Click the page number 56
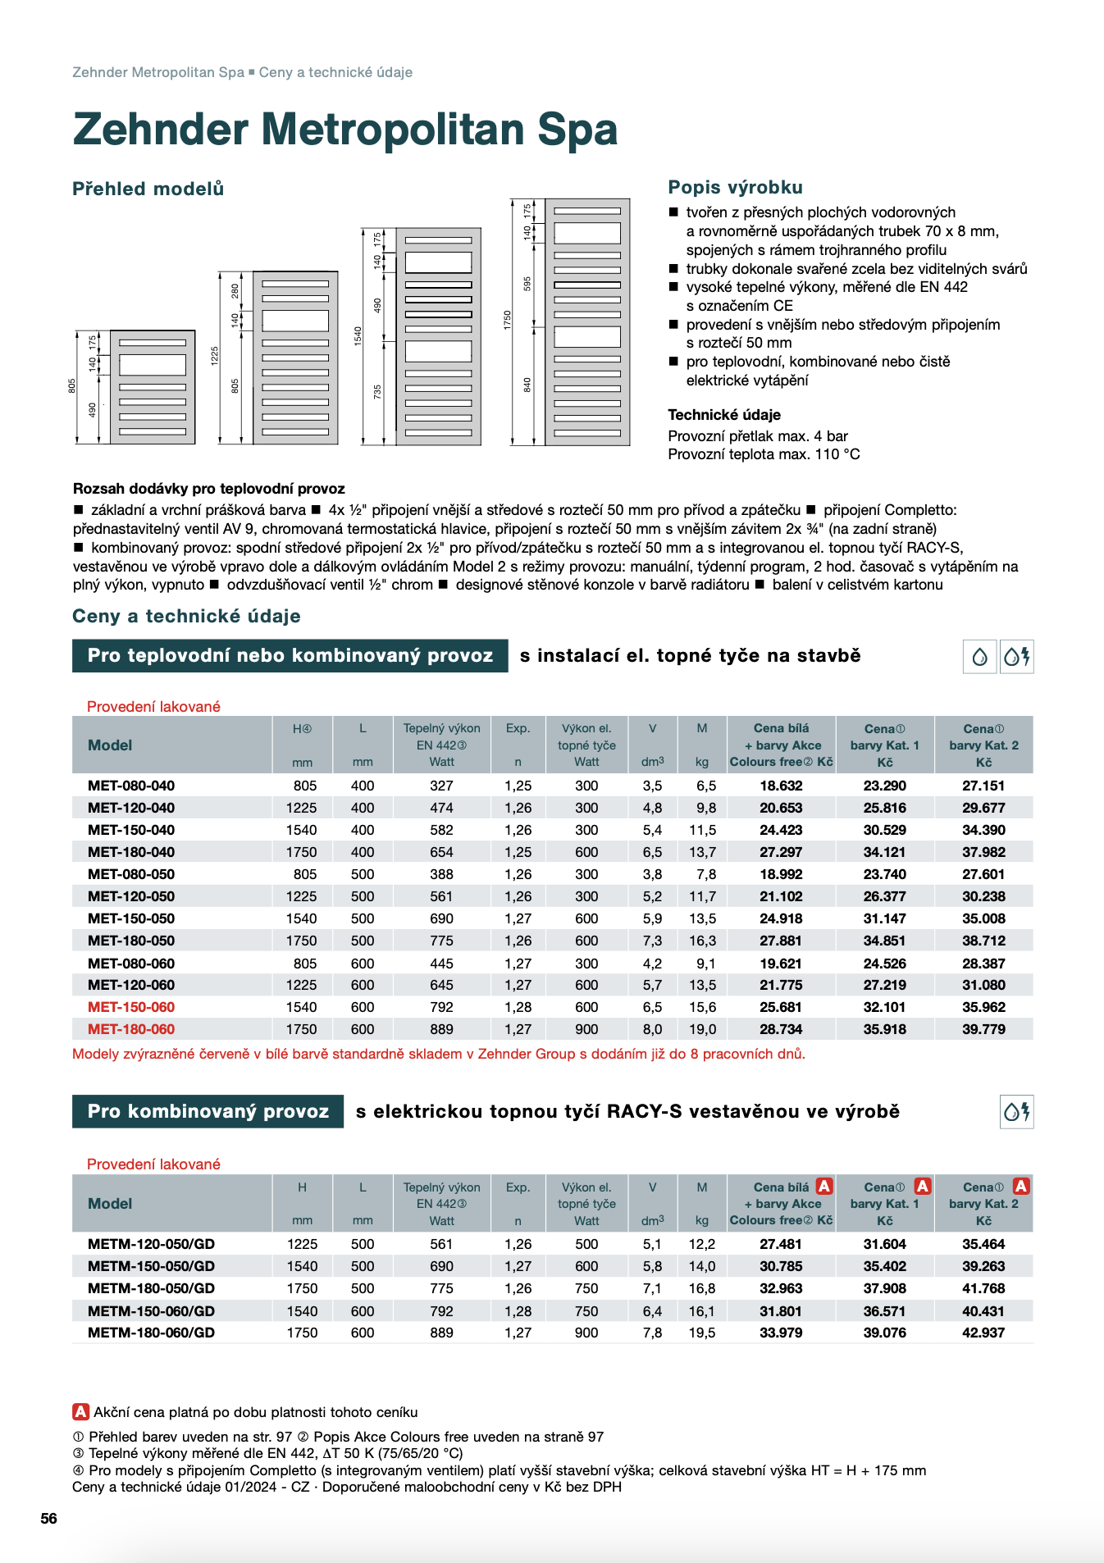pyautogui.click(x=49, y=1519)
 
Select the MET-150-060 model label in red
pyautogui.click(x=131, y=1007)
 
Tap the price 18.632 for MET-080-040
pyautogui.click(x=781, y=786)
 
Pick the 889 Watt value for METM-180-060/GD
pyautogui.click(x=441, y=1333)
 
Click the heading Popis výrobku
pyautogui.click(x=735, y=187)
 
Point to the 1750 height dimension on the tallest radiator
pyautogui.click(x=508, y=320)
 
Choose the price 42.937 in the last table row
pyautogui.click(x=983, y=1333)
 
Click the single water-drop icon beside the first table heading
pyautogui.click(x=979, y=657)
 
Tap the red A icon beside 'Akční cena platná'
pyautogui.click(x=80, y=1412)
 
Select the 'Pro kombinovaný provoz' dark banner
pyautogui.click(x=208, y=1112)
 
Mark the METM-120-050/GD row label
pyautogui.click(x=151, y=1244)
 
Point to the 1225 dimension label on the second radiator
pyautogui.click(x=215, y=355)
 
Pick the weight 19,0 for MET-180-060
pyautogui.click(x=702, y=1029)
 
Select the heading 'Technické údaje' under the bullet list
pyautogui.click(x=724, y=415)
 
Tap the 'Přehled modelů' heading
pyautogui.click(x=148, y=189)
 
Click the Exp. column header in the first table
pyautogui.click(x=518, y=728)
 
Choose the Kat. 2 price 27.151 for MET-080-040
pyautogui.click(x=983, y=786)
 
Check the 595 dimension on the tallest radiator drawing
pyautogui.click(x=527, y=283)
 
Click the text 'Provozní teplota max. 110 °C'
pyautogui.click(x=764, y=454)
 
